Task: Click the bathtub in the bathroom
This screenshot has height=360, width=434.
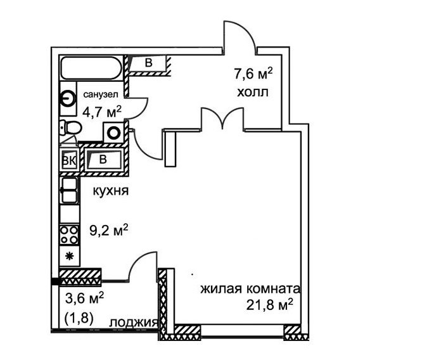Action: [x=91, y=68]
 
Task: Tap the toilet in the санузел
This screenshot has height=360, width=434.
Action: [x=71, y=128]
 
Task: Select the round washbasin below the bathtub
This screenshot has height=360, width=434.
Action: [x=68, y=98]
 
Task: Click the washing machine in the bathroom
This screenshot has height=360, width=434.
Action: [x=113, y=133]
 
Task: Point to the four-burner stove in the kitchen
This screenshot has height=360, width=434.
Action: [x=70, y=235]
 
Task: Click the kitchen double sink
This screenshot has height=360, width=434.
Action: [x=69, y=190]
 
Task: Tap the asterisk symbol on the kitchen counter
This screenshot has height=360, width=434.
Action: [x=68, y=256]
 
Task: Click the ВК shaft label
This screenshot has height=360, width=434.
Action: [x=69, y=161]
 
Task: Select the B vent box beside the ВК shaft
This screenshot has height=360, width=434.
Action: [x=103, y=160]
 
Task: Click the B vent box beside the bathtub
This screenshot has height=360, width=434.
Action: [x=148, y=63]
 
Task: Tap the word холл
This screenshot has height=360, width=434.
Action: [x=253, y=92]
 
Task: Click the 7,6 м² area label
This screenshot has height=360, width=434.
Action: [x=253, y=74]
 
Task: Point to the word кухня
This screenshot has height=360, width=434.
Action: [x=111, y=191]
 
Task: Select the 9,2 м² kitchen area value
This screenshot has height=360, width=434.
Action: [x=108, y=231]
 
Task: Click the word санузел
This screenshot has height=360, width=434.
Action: [x=101, y=94]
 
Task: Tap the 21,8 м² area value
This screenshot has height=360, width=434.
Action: [x=269, y=305]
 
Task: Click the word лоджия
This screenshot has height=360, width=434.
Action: [x=134, y=323]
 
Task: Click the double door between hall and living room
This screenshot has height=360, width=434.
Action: [x=222, y=119]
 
